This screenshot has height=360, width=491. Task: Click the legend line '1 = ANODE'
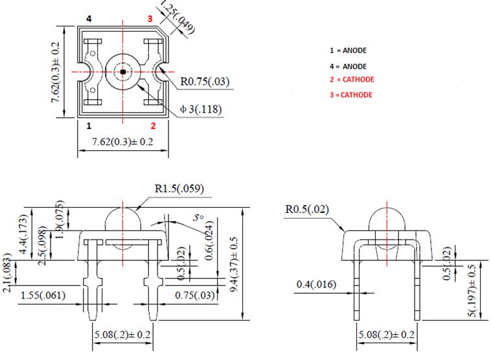(352, 50)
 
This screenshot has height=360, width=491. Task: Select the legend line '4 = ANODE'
(352, 66)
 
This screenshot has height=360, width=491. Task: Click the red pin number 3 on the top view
(150, 19)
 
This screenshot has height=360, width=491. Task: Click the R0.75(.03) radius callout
(204, 82)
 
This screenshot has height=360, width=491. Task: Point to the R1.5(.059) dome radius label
(179, 189)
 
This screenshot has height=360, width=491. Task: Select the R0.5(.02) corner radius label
(308, 209)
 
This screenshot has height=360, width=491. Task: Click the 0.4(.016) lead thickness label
(315, 284)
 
